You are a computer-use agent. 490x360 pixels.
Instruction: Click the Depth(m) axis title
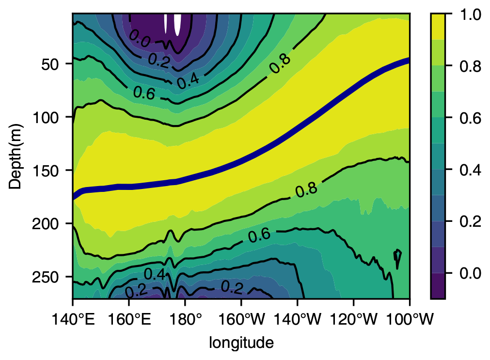click(16, 156)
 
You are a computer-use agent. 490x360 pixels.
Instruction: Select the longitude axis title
click(241, 343)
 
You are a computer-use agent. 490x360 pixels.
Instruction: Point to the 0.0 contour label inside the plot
click(140, 39)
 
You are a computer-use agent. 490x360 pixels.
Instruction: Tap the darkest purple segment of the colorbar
click(438, 286)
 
